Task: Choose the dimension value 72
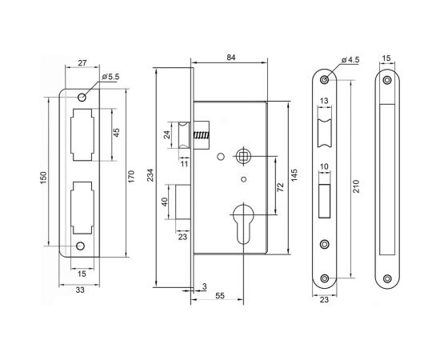coord(280,186)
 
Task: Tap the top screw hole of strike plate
coord(81,98)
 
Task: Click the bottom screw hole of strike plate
coord(80,246)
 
